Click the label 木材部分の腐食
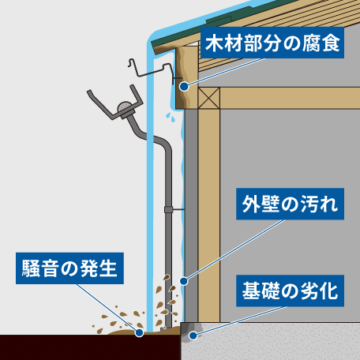[x=272, y=43]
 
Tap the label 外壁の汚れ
[x=290, y=204]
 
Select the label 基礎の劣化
[x=290, y=291]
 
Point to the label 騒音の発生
[x=69, y=268]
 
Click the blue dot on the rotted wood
[x=184, y=86]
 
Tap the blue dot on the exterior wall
[x=184, y=281]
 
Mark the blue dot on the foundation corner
[x=193, y=336]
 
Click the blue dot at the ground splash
[x=139, y=333]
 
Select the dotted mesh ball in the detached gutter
[x=125, y=107]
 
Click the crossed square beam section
[x=209, y=98]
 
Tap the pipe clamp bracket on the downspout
[x=169, y=209]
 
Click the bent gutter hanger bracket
[x=152, y=70]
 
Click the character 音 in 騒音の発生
[x=51, y=268]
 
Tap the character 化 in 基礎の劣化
[x=329, y=291]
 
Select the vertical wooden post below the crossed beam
[x=209, y=215]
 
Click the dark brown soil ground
[x=90, y=347]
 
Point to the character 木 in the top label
[x=214, y=43]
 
